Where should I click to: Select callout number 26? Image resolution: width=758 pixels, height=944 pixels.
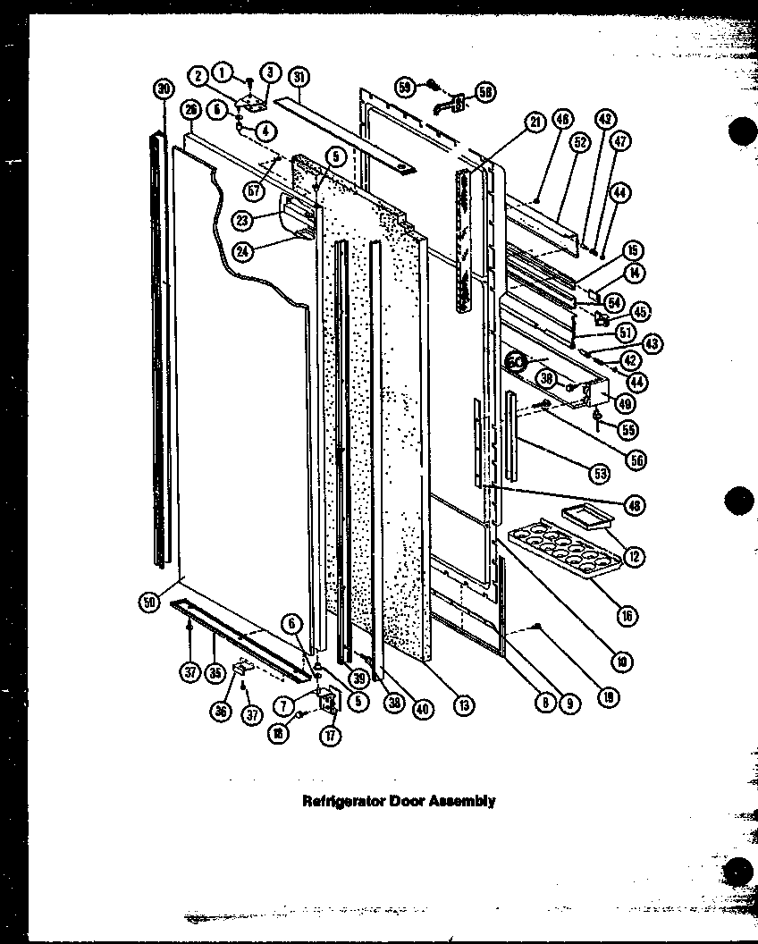pos(189,110)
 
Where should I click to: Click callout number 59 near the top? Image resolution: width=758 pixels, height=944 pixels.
pos(405,87)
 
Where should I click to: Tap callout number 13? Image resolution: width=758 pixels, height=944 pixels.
pos(462,704)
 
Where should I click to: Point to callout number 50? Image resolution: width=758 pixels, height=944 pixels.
pos(147,603)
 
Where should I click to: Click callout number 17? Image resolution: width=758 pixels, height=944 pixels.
pos(332,737)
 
